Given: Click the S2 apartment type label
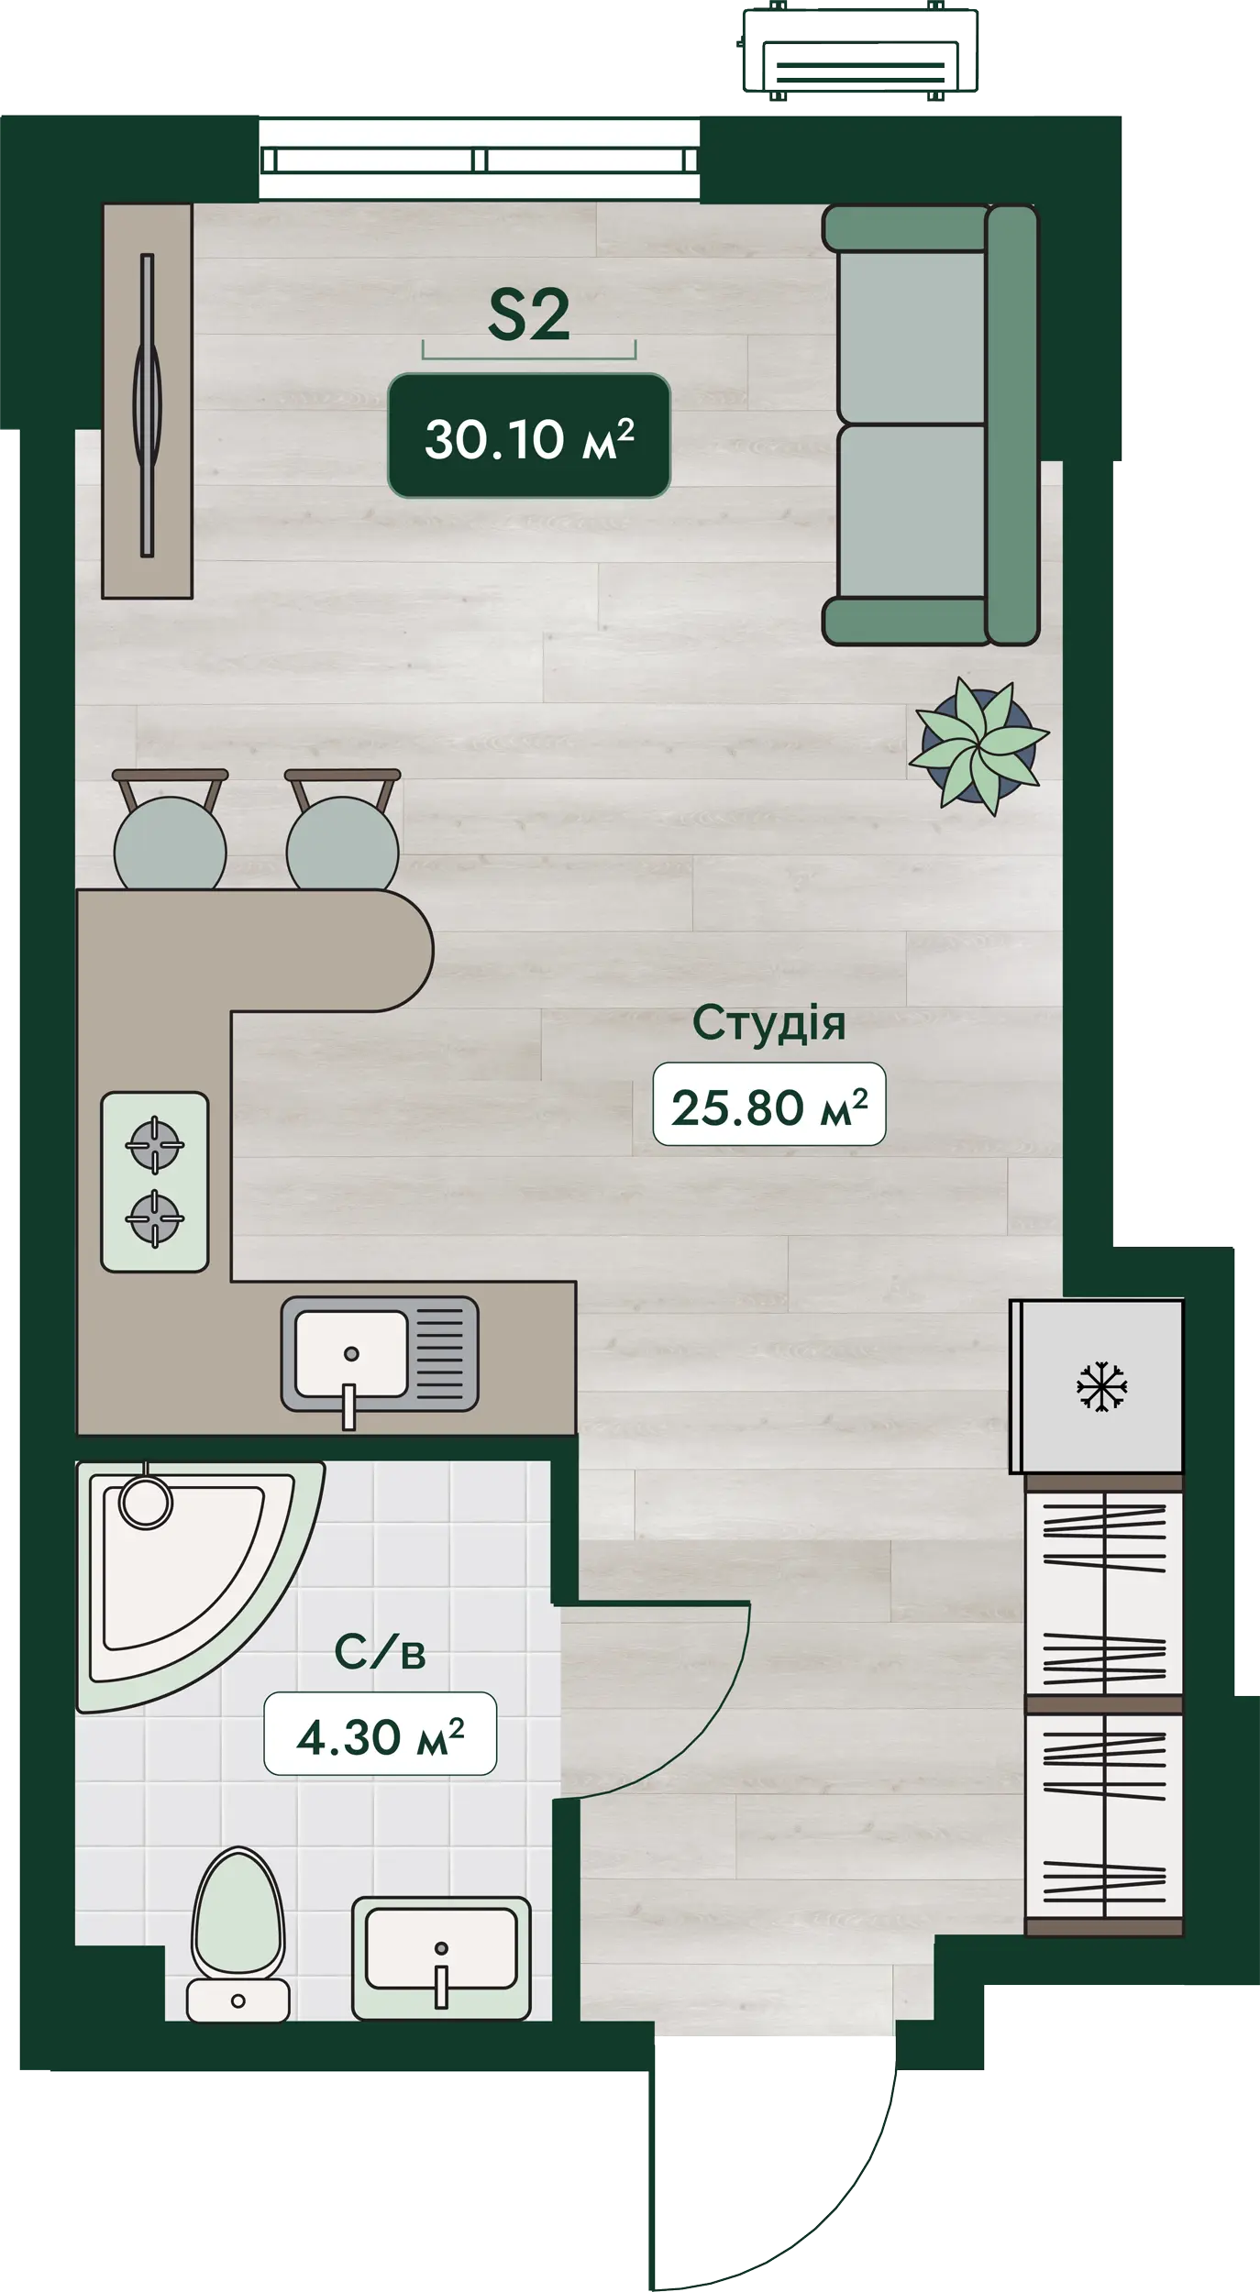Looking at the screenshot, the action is coord(528,315).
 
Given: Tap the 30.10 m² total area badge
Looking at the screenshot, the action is coord(529,436).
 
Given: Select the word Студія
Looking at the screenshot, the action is coord(768,1024).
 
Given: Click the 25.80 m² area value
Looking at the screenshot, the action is coord(769,1107).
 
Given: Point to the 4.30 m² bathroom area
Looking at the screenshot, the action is coord(381,1736).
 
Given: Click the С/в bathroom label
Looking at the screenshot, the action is coord(380,1653).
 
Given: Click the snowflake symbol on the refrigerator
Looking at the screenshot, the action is coord(1100,1386).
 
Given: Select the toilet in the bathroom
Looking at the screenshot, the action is coord(238,1934).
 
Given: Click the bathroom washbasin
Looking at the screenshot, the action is coord(441,1959).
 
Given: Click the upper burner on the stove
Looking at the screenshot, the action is coord(154,1144).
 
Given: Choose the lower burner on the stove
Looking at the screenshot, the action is coord(154,1218).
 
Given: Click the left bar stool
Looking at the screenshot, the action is coord(171,834).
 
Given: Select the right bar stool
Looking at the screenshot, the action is coord(343,834).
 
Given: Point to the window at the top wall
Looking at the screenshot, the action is coord(480,160).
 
